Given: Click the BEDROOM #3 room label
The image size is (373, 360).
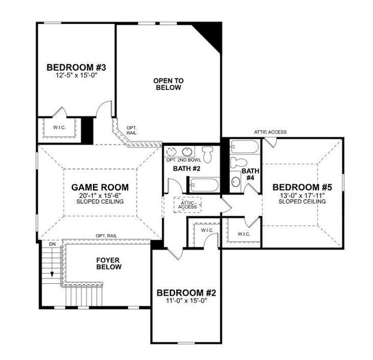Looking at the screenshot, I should click(x=76, y=67).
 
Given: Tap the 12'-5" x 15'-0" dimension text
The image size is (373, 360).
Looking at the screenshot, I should click(x=76, y=76).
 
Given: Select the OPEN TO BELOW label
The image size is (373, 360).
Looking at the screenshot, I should click(x=168, y=84).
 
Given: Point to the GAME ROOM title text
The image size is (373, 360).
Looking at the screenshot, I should click(x=100, y=187).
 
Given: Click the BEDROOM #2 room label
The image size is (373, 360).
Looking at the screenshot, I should click(x=186, y=293).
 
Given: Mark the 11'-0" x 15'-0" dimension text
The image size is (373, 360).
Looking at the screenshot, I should click(x=186, y=302).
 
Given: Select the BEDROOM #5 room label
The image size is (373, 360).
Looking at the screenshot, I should click(x=302, y=186).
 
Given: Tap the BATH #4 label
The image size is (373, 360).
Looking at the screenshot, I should click(x=249, y=175).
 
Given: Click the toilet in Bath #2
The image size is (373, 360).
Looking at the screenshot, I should click(x=207, y=154).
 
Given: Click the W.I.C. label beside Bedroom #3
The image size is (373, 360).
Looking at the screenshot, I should click(x=58, y=128).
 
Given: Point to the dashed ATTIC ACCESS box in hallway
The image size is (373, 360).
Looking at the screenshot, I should click(x=187, y=205).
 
